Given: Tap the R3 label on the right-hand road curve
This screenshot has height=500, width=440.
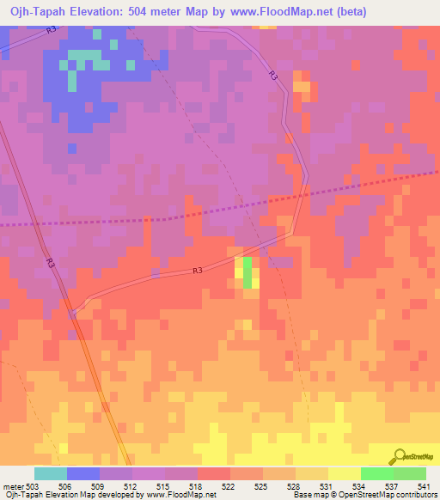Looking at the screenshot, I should [x=273, y=76].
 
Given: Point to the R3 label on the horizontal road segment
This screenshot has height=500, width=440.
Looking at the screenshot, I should [x=197, y=271].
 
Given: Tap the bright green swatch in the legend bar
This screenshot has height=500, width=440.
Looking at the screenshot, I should [x=376, y=473].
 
